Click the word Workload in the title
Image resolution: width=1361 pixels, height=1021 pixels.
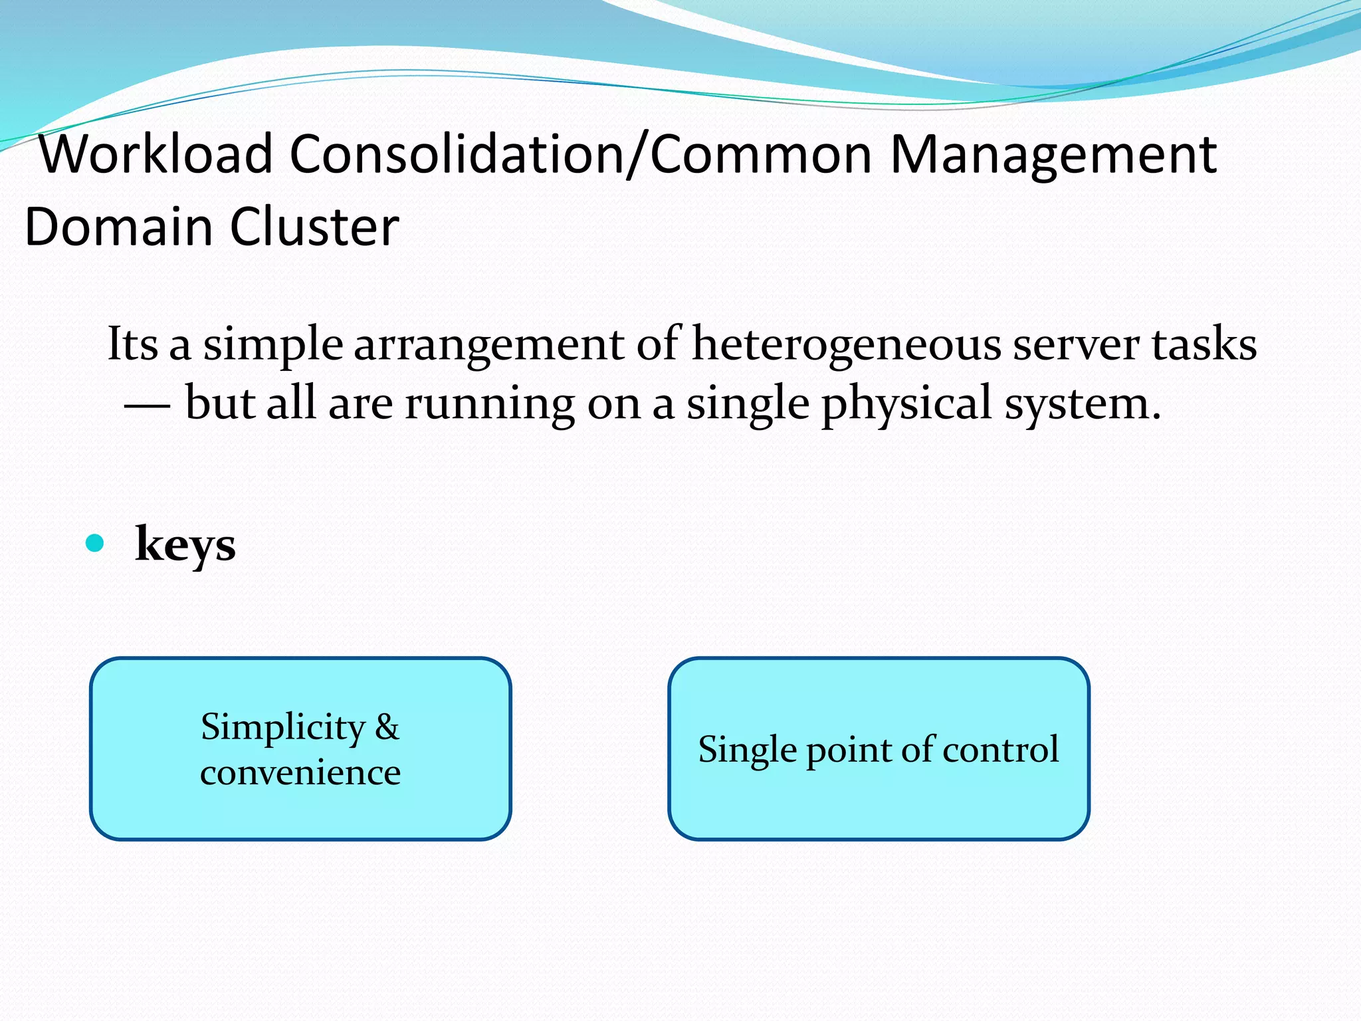pos(156,154)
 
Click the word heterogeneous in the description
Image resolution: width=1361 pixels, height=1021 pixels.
pos(846,344)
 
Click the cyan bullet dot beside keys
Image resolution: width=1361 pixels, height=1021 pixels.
pos(95,544)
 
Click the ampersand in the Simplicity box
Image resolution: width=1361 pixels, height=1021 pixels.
pos(387,727)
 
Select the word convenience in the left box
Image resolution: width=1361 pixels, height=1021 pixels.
pos(300,772)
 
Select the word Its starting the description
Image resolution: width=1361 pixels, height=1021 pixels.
pos(132,344)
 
